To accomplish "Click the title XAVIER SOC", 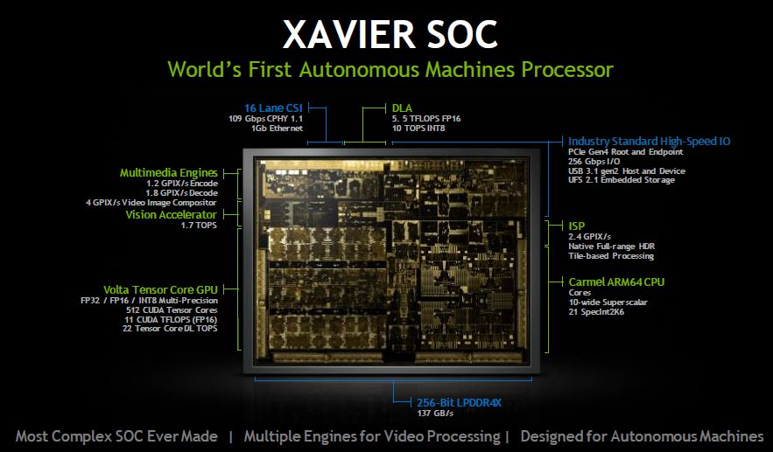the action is pyautogui.click(x=390, y=34).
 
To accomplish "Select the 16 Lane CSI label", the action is pyautogui.click(x=274, y=108).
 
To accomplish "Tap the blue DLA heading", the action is pyautogui.click(x=402, y=108).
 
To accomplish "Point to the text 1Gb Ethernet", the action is pyautogui.click(x=277, y=128).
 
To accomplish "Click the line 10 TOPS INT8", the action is pyautogui.click(x=418, y=128).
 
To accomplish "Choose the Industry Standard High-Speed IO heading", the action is pyautogui.click(x=650, y=142).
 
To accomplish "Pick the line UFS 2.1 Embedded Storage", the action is pyautogui.click(x=622, y=180).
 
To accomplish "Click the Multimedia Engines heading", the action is pyautogui.click(x=169, y=173).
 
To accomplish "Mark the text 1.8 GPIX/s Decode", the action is pyautogui.click(x=181, y=193).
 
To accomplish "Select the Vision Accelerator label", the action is pyautogui.click(x=171, y=215).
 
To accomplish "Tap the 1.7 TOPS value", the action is pyautogui.click(x=200, y=226).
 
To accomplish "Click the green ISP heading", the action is pyautogui.click(x=577, y=226).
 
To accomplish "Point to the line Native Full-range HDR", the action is pyautogui.click(x=611, y=247).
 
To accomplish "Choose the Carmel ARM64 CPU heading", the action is pyautogui.click(x=616, y=282).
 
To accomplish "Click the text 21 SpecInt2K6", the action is pyautogui.click(x=596, y=311).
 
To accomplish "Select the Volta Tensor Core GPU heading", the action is pyautogui.click(x=160, y=290).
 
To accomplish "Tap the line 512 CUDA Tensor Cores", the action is pyautogui.click(x=172, y=310).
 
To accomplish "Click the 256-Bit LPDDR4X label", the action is pyautogui.click(x=459, y=403).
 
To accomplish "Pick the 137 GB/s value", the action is pyautogui.click(x=435, y=414).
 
